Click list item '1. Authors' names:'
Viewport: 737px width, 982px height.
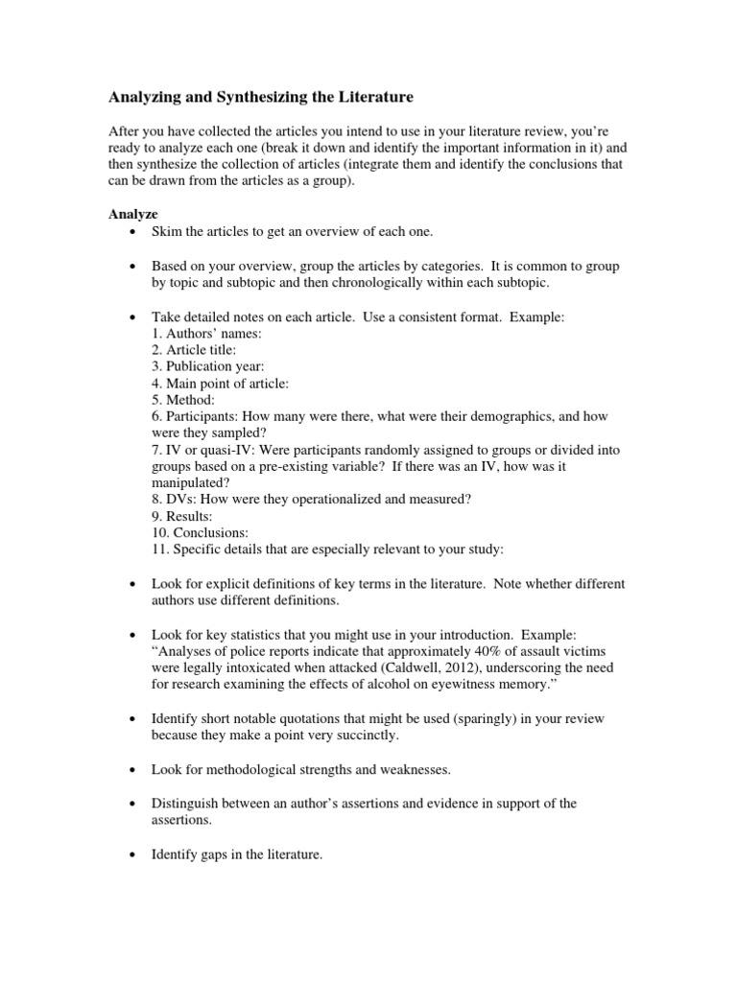click(207, 334)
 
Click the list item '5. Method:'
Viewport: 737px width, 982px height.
click(183, 400)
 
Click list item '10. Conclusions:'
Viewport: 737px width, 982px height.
click(200, 533)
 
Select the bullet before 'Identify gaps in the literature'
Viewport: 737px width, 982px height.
click(131, 853)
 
